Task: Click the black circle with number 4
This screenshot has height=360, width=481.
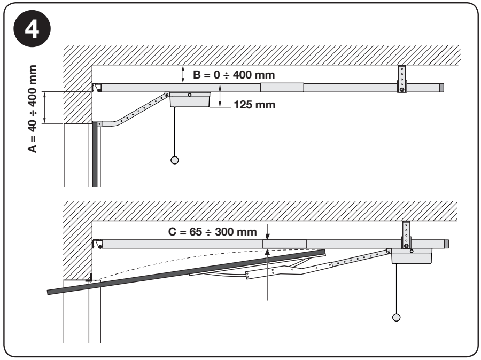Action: [32, 29]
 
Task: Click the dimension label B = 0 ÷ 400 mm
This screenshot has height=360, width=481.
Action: [234, 75]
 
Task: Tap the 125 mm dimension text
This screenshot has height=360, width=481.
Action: [254, 105]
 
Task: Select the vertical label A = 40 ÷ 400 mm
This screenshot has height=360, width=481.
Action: [32, 109]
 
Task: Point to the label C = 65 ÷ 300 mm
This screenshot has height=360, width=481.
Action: [212, 231]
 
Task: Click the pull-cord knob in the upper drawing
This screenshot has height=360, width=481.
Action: [175, 160]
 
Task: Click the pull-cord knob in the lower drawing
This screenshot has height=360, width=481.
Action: [397, 317]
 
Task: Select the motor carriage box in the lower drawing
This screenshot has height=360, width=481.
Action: [412, 256]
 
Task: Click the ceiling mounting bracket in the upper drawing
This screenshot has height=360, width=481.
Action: [402, 79]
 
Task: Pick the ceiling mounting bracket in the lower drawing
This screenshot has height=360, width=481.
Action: [406, 235]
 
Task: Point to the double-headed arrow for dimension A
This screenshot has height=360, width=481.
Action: [45, 107]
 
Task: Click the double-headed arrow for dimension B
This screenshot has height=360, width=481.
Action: [183, 74]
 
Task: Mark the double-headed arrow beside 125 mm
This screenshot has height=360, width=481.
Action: [220, 96]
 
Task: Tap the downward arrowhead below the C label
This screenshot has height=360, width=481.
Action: [268, 237]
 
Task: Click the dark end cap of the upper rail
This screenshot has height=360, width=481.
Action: [441, 88]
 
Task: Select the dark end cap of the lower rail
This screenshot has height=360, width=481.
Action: [446, 244]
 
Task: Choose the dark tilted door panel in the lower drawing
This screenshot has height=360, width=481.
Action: [186, 272]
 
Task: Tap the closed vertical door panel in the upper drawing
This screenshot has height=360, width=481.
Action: [95, 154]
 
